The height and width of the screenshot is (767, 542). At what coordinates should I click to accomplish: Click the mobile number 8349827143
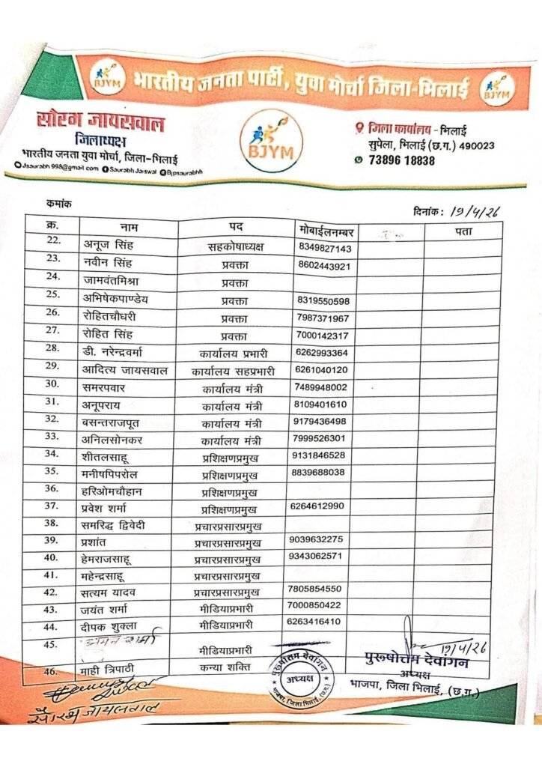tap(325, 249)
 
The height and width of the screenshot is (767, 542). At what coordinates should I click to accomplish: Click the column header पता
tap(463, 231)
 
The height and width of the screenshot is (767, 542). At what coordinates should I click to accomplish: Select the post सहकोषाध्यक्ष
tap(241, 247)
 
